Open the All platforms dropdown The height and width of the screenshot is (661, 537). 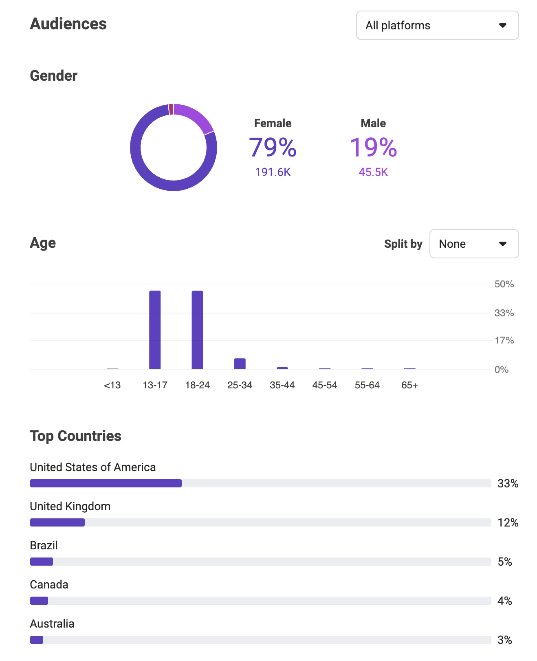click(x=437, y=25)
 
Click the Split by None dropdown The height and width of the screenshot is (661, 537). click(x=474, y=244)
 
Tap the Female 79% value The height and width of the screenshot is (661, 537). click(x=273, y=147)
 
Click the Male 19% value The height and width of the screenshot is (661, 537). click(x=373, y=147)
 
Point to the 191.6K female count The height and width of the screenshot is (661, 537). click(x=273, y=172)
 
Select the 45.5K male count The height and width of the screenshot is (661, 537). click(x=373, y=172)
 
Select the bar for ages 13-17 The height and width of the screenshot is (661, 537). click(x=155, y=330)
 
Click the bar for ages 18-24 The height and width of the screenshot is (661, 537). click(x=197, y=330)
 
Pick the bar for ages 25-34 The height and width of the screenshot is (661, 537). click(x=240, y=364)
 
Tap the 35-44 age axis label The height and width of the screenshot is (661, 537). click(x=282, y=385)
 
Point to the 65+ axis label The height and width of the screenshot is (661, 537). click(x=409, y=385)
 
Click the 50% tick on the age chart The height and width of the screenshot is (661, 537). click(x=504, y=284)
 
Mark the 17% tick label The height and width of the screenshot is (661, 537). click(x=504, y=340)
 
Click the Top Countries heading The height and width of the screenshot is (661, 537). click(x=75, y=436)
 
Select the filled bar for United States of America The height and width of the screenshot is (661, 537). click(x=106, y=483)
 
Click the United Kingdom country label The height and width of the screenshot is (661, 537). click(x=70, y=506)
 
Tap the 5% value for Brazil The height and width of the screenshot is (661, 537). click(x=504, y=562)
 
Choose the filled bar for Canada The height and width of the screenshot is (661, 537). click(x=39, y=601)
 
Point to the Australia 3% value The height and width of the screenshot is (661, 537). click(x=504, y=640)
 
